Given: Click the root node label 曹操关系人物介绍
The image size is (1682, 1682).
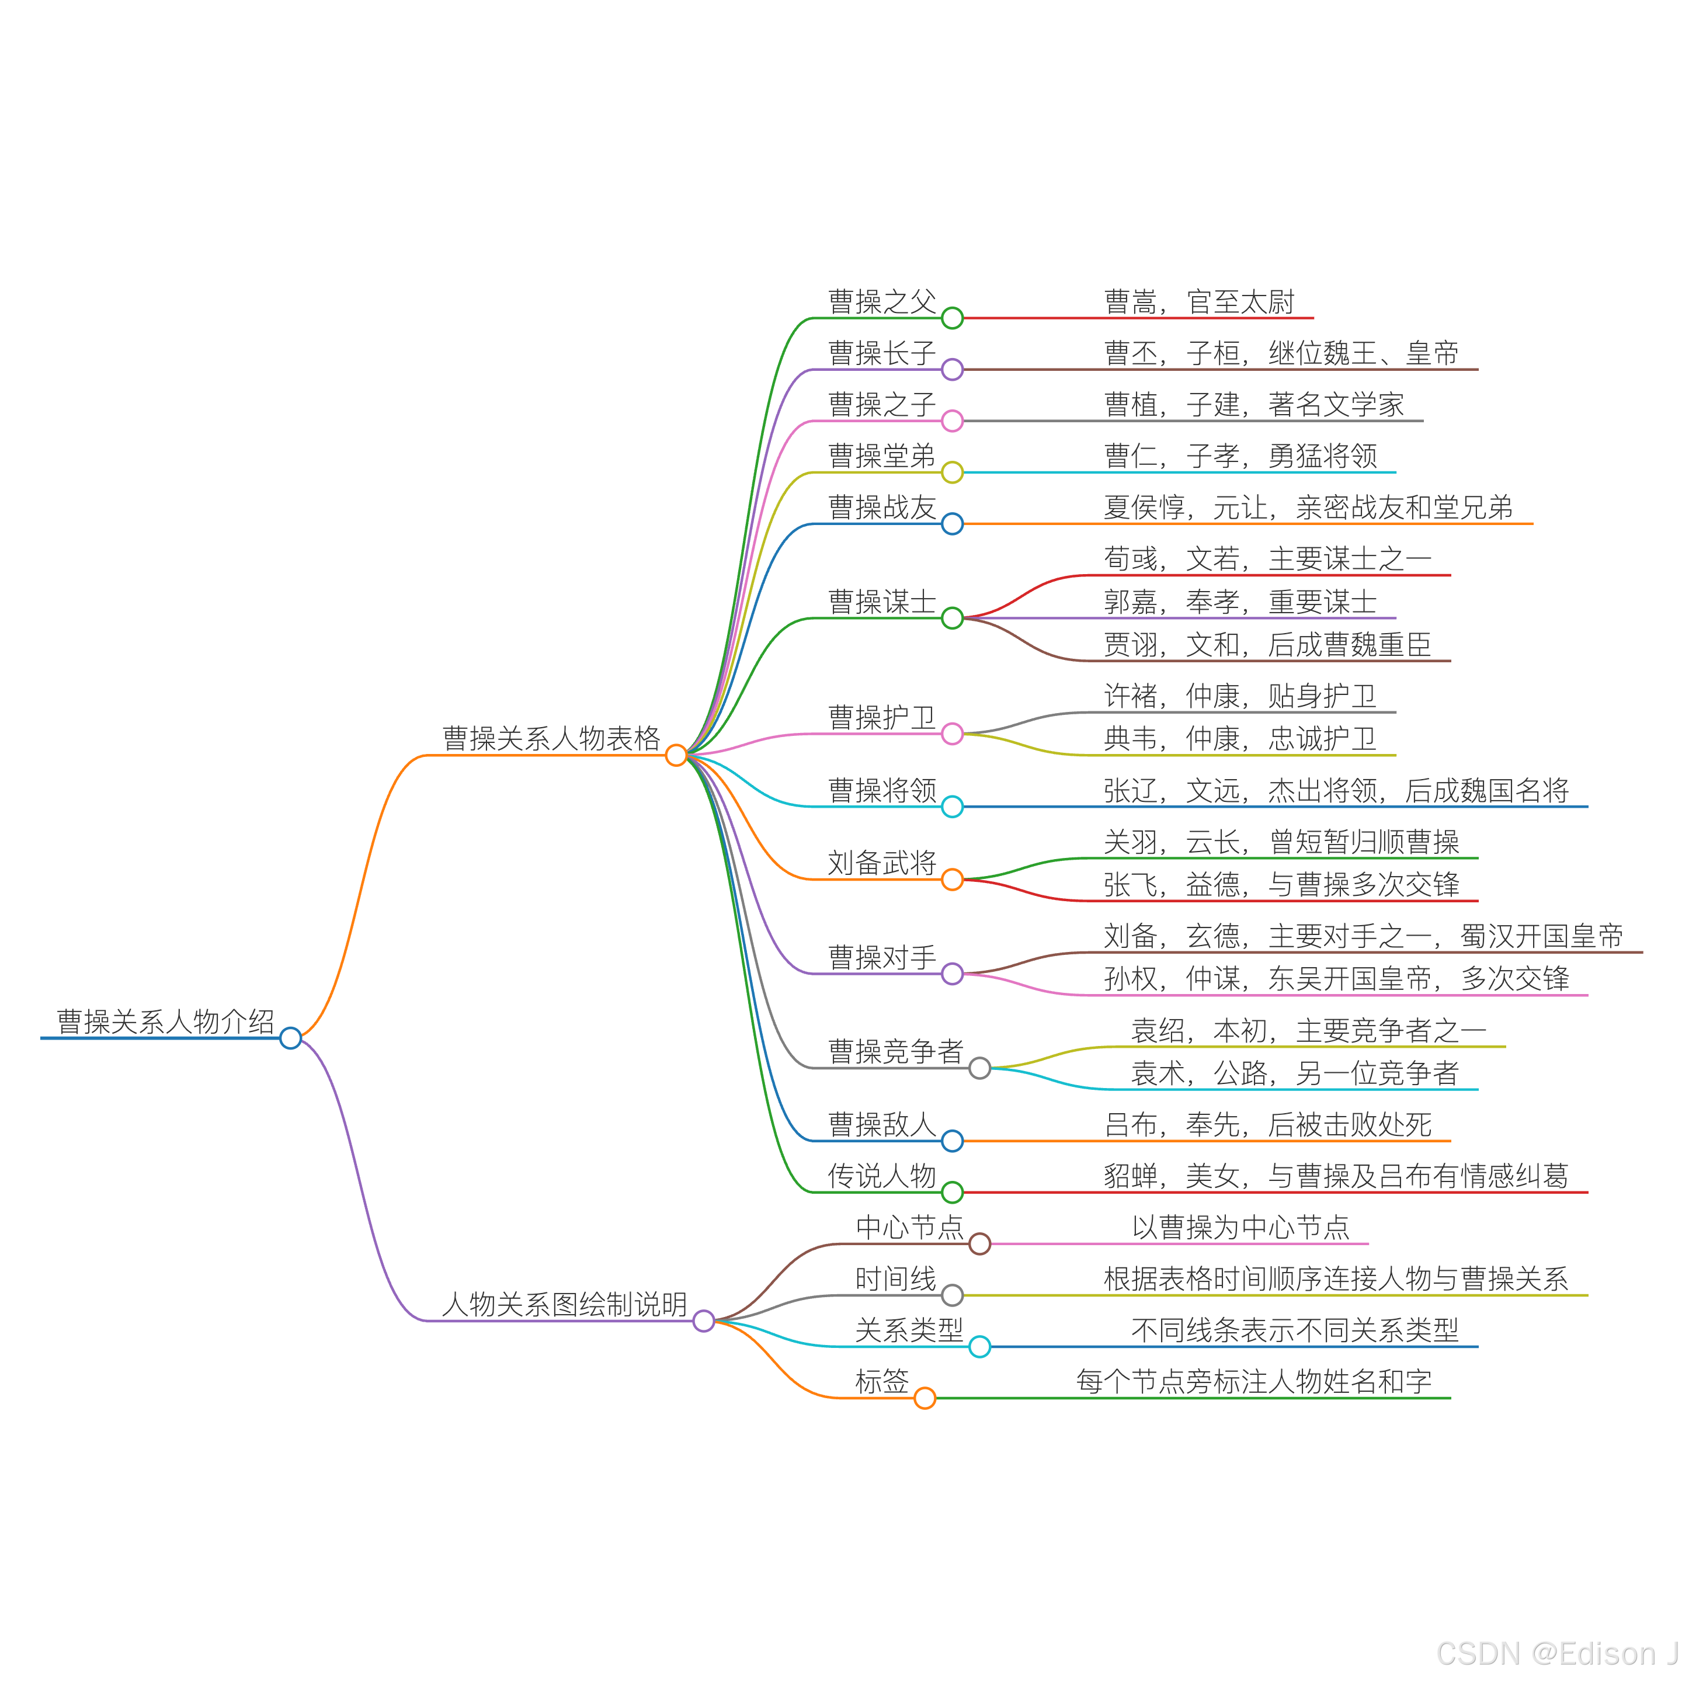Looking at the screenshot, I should pos(165,1021).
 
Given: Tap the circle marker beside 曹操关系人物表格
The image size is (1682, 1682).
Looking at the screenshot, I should pos(676,755).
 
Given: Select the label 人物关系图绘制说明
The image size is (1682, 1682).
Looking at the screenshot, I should pos(564,1304).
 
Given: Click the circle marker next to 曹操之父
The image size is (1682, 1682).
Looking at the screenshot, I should pos(953,318).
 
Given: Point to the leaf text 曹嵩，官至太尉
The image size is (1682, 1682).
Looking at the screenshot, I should pos(1199,302).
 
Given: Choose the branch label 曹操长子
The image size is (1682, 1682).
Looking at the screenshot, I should pos(881,353).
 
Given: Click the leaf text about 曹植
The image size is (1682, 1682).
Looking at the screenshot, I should pos(1254,405).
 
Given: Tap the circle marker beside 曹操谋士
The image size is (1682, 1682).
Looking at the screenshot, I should pos(953,618).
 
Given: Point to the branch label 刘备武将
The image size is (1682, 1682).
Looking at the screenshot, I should pos(881,863).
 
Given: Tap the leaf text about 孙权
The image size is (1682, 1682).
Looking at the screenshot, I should pos(1336,979).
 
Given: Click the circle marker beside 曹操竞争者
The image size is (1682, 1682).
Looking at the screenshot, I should pos(979,1068).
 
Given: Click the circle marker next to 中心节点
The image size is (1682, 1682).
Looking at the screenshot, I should pos(979,1244).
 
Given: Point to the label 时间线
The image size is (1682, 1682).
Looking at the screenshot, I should pos(895,1279).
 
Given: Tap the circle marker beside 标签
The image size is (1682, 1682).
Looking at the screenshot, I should pos(925,1398).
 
